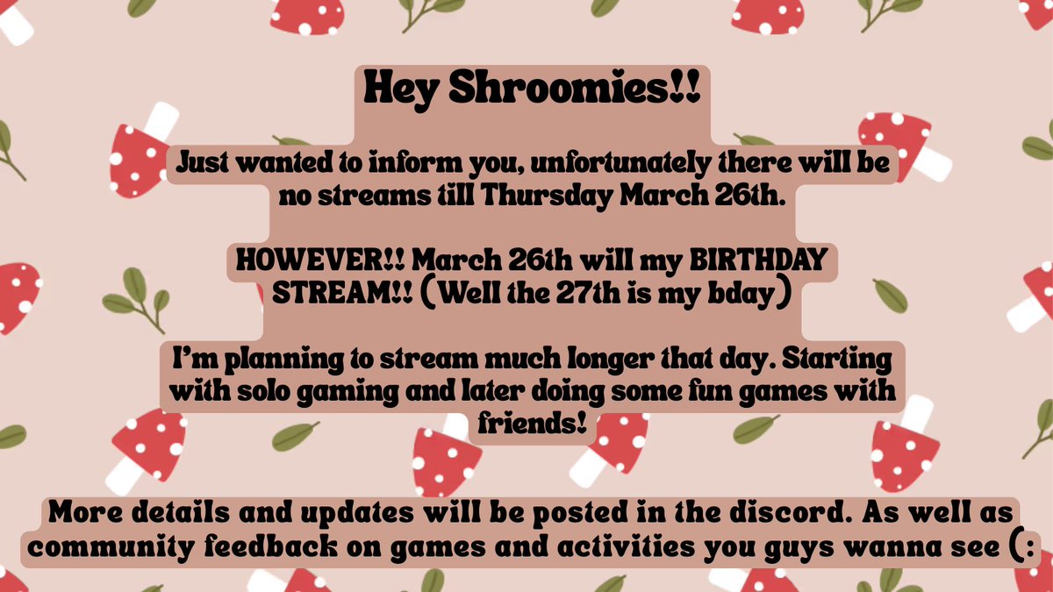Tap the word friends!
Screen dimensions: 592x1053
click(x=526, y=424)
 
